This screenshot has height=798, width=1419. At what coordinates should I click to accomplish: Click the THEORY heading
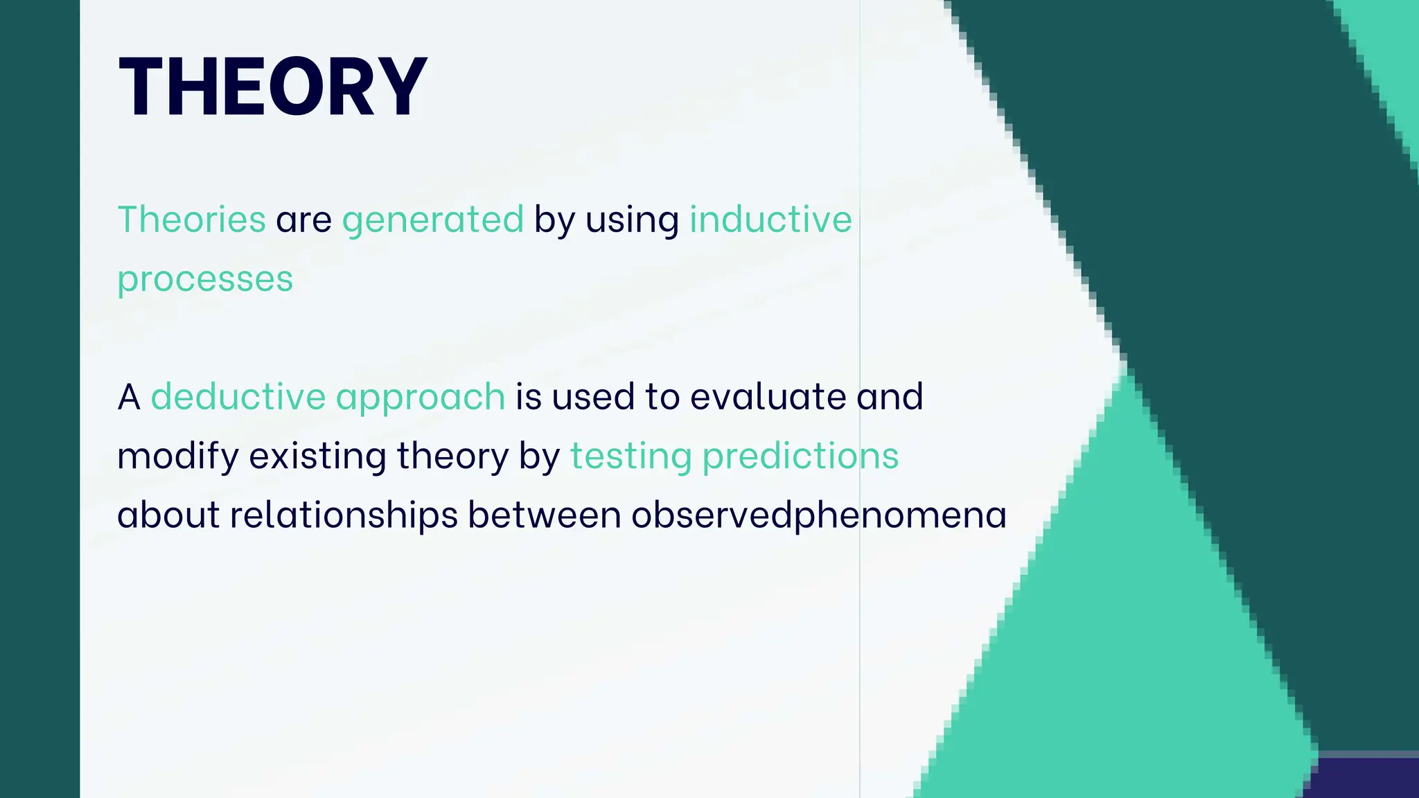pyautogui.click(x=273, y=87)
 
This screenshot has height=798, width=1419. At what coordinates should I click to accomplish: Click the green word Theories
pyautogui.click(x=192, y=220)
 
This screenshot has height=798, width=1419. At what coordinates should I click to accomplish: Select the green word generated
pyautogui.click(x=432, y=221)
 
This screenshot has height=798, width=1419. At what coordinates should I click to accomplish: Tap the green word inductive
pyautogui.click(x=770, y=220)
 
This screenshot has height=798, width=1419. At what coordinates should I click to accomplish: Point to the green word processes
pyautogui.click(x=205, y=280)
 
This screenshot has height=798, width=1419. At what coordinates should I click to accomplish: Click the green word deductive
pyautogui.click(x=238, y=397)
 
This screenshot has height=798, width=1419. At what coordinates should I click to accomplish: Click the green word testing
pyautogui.click(x=631, y=457)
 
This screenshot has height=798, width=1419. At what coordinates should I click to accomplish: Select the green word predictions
pyautogui.click(x=800, y=457)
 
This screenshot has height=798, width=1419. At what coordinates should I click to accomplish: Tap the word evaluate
pyautogui.click(x=768, y=397)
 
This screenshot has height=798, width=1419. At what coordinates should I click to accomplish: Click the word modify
pyautogui.click(x=178, y=457)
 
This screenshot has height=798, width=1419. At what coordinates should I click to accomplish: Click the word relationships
pyautogui.click(x=344, y=516)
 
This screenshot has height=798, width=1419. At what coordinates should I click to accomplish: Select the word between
pyautogui.click(x=544, y=516)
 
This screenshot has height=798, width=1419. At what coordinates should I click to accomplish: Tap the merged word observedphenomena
pyautogui.click(x=818, y=516)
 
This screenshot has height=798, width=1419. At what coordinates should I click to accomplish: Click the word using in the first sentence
pyautogui.click(x=632, y=221)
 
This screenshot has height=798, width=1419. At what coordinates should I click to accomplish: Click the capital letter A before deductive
pyautogui.click(x=129, y=398)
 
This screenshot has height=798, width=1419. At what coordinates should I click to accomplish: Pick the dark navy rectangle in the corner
pyautogui.click(x=1362, y=779)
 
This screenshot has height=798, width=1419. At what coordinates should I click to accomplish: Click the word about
pyautogui.click(x=168, y=516)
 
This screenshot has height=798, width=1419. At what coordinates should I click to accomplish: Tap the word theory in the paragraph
pyautogui.click(x=452, y=457)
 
